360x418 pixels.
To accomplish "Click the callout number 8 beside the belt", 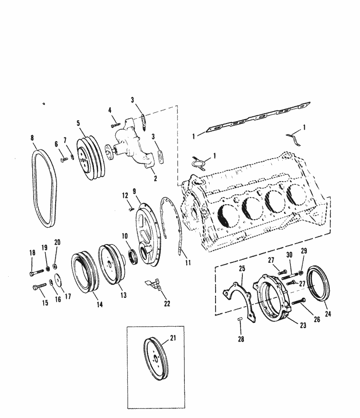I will click(33, 138).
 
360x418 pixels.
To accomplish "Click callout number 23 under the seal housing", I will click(302, 325).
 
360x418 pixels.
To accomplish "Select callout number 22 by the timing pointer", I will click(167, 303).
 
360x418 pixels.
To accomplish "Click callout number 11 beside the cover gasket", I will click(188, 263).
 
